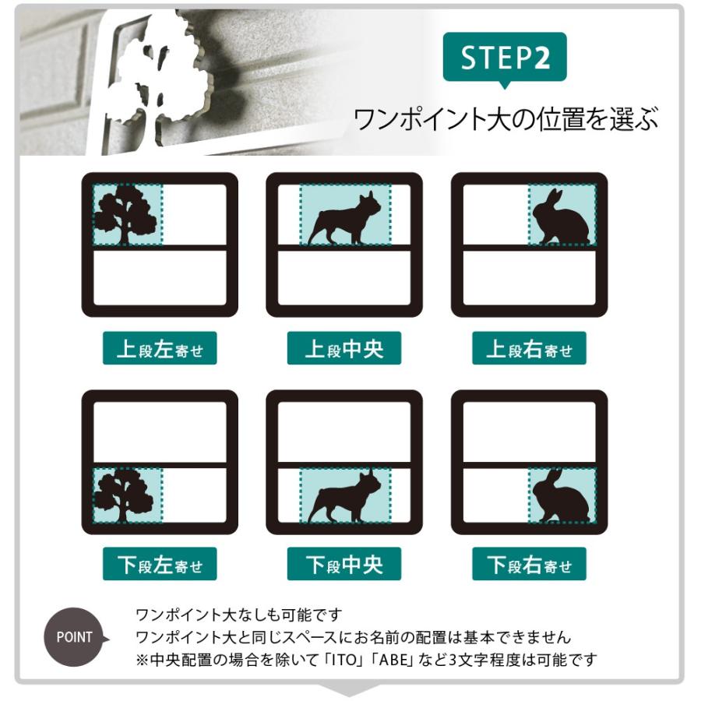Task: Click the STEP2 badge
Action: tap(505, 57)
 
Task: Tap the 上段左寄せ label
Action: tap(160, 348)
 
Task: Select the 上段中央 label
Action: tap(343, 348)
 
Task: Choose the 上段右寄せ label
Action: tap(529, 348)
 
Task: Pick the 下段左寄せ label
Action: tap(160, 564)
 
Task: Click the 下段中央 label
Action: tap(343, 564)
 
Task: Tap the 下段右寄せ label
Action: tap(529, 564)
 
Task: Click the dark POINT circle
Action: tap(75, 637)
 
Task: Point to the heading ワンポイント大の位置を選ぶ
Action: tap(505, 119)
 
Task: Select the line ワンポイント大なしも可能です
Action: tap(239, 615)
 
